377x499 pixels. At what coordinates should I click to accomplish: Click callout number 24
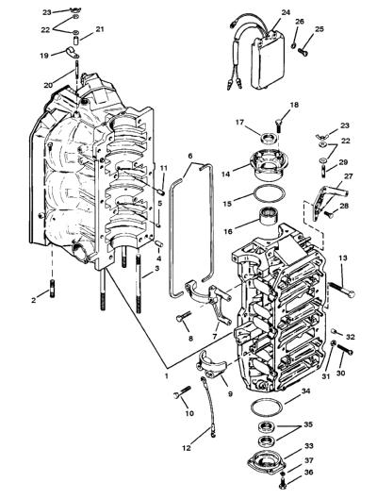pyautogui.click(x=286, y=12)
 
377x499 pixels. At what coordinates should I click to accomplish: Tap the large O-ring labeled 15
pyautogui.click(x=268, y=193)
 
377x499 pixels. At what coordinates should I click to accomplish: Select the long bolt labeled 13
pyautogui.click(x=342, y=290)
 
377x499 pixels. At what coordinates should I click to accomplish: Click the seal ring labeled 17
pyautogui.click(x=269, y=139)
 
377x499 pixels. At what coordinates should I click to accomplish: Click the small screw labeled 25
pyautogui.click(x=303, y=51)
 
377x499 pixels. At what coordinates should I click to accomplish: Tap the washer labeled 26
pyautogui.click(x=293, y=46)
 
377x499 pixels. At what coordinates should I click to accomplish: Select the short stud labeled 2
pyautogui.click(x=52, y=288)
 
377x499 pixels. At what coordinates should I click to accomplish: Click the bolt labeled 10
pyautogui.click(x=182, y=392)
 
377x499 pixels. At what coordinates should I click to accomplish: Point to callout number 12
pyautogui.click(x=187, y=447)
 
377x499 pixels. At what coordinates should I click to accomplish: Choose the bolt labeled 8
pyautogui.click(x=184, y=316)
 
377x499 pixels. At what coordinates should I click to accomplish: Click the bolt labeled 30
pyautogui.click(x=345, y=349)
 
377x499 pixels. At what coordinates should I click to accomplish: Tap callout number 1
pyautogui.click(x=166, y=375)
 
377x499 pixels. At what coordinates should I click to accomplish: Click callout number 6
pyautogui.click(x=190, y=156)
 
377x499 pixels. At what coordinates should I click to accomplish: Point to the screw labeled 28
pyautogui.click(x=329, y=215)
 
